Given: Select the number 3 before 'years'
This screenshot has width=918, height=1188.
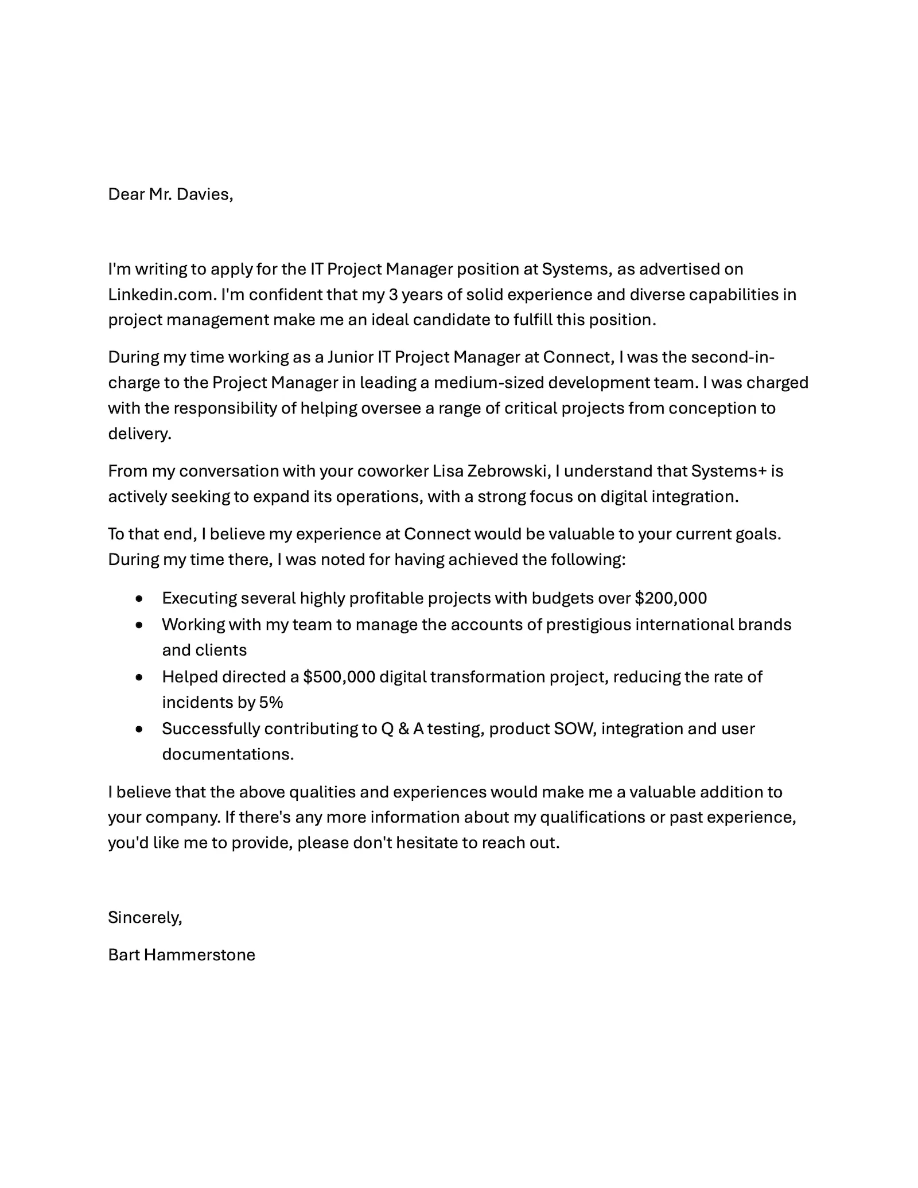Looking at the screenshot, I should [x=393, y=294].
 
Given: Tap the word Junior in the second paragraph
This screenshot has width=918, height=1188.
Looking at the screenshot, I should [x=350, y=357].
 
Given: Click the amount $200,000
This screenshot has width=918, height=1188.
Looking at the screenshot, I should [x=671, y=598].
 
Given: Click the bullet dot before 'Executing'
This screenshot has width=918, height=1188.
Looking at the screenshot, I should [x=139, y=599].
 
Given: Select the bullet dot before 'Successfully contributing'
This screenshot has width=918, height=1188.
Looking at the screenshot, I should [x=139, y=729].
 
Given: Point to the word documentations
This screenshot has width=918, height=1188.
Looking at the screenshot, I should [x=227, y=754].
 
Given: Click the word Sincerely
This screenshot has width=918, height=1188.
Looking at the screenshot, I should [x=145, y=917].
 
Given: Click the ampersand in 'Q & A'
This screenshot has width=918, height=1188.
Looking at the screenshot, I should [x=403, y=729].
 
